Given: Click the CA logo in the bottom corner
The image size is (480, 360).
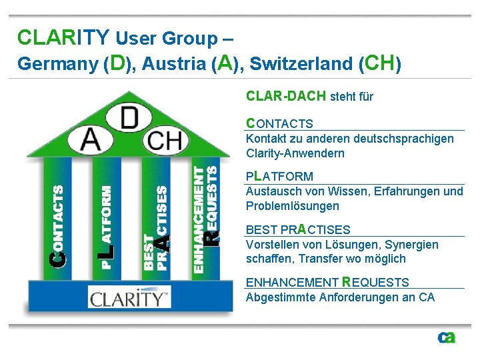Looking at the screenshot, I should point(446,338).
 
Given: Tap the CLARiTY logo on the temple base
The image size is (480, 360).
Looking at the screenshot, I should point(127,297).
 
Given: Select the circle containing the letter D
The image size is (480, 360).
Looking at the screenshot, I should point(129,118).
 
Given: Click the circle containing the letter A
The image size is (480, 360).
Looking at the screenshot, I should point(91,141).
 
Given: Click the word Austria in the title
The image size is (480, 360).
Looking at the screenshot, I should point(173,64).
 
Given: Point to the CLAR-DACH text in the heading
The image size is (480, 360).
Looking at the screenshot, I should point(286,96).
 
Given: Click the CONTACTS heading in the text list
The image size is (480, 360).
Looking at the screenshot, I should point(279,123).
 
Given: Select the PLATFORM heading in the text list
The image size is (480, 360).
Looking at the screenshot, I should point(279,177).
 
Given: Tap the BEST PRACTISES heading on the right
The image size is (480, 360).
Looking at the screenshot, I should point(298,230).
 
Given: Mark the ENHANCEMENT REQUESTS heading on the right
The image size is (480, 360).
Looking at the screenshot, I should point(327,282).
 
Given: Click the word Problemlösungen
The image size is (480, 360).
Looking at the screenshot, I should point(293,206).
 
